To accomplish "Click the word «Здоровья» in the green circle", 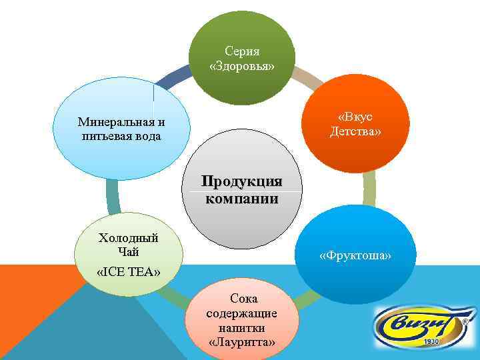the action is coord(241,67).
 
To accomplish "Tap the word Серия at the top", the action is coord(242,51).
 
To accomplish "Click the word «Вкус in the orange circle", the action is coord(355,117).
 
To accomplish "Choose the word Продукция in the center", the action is coord(241,181).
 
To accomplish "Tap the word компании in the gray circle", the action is coord(241,198).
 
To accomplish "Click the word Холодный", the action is coord(128,237).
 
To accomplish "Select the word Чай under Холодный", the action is coord(128,251).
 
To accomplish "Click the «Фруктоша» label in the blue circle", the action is coord(355,256).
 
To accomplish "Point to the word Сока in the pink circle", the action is coord(242,299).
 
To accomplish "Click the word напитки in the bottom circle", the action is coord(241,328).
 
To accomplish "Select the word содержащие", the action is coord(241,313).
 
